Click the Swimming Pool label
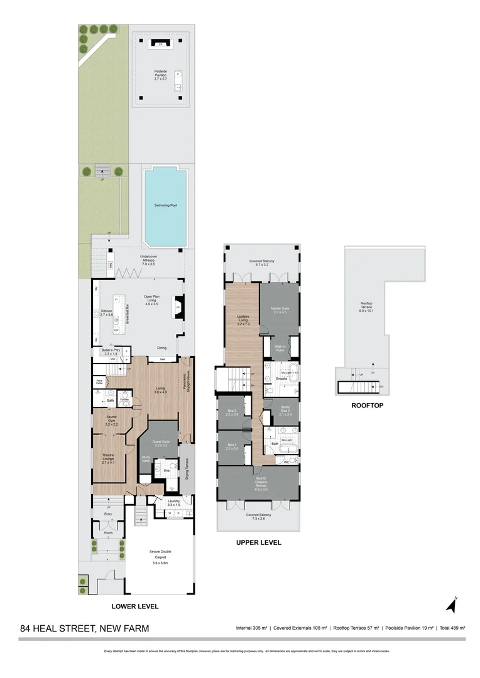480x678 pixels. [165, 205]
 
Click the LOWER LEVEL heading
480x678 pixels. [135, 606]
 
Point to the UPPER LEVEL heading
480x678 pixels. [258, 542]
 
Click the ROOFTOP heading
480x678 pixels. [368, 406]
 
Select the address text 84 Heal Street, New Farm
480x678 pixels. [85, 628]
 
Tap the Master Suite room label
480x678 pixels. [280, 311]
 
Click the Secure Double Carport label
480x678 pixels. [161, 554]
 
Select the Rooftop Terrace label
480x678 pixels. [366, 309]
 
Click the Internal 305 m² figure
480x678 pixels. [251, 628]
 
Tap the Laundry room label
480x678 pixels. [174, 503]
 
